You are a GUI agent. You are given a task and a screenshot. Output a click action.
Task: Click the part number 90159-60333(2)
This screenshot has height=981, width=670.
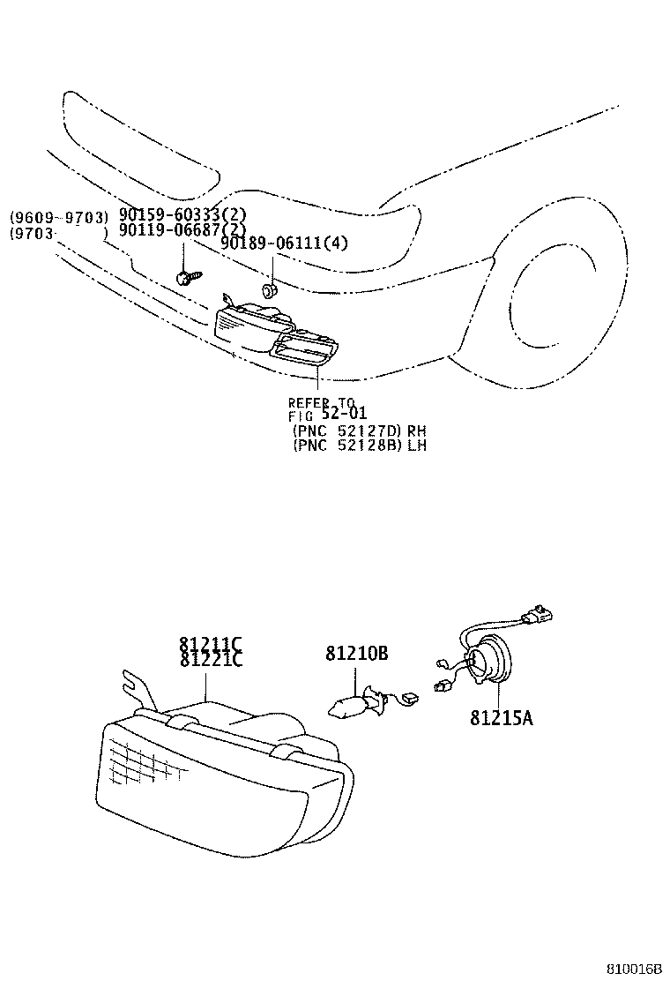coord(182,215)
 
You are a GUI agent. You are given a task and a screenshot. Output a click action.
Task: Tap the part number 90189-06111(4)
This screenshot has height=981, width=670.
coord(284,244)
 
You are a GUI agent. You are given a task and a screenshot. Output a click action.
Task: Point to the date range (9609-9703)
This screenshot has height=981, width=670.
coord(59,217)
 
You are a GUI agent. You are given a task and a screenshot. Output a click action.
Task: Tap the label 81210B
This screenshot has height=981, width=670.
coord(357,654)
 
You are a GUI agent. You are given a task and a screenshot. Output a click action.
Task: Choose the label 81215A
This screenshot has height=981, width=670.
coord(501,717)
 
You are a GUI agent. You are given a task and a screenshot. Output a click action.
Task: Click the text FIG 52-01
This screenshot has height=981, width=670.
coord(327,415)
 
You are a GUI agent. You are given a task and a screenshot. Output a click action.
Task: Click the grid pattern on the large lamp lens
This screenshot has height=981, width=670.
coord(145,760)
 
